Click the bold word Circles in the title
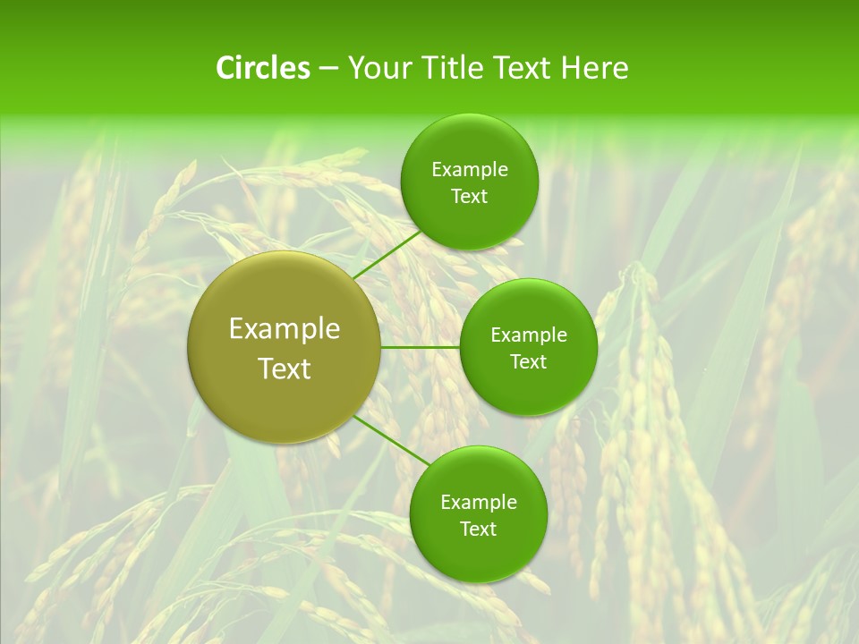click(263, 68)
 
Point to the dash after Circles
click(328, 69)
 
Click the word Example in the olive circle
click(285, 329)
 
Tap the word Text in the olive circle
click(285, 369)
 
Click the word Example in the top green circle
click(470, 170)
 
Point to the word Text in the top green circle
click(469, 197)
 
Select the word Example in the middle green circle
click(529, 335)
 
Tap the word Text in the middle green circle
click(528, 362)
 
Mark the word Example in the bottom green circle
click(479, 503)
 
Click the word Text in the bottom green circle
click(478, 530)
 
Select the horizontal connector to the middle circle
click(421, 347)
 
